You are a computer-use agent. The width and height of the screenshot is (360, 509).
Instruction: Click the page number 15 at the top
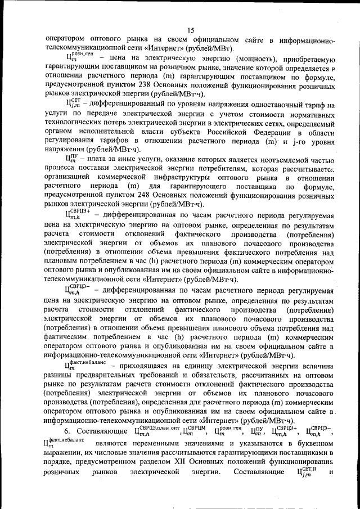191,30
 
